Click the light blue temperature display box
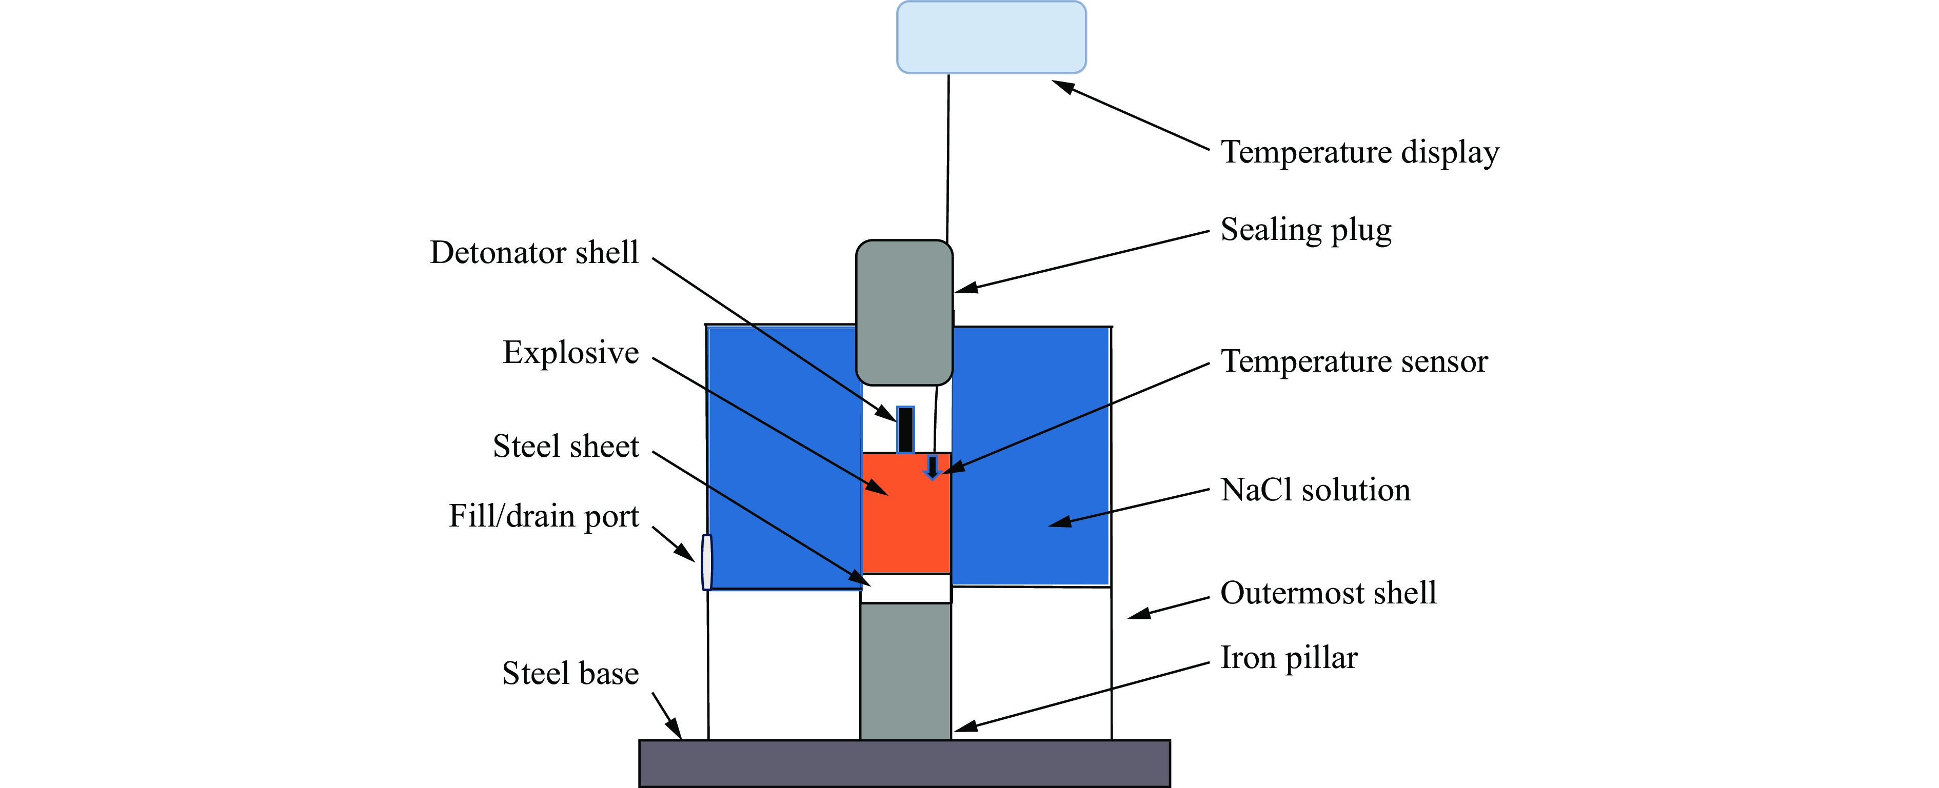[991, 37]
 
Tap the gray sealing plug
[904, 312]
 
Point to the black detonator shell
[905, 430]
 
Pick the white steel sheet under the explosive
[905, 588]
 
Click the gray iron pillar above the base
[905, 670]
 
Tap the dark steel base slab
[904, 763]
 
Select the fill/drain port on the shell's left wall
[706, 561]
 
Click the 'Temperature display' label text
[1359, 153]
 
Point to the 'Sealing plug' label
[1306, 230]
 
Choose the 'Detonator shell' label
[533, 253]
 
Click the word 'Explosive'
[570, 353]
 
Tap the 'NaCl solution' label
[1315, 491]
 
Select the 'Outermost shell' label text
[1328, 594]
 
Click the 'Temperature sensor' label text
[1353, 362]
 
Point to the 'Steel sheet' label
[565, 447]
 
